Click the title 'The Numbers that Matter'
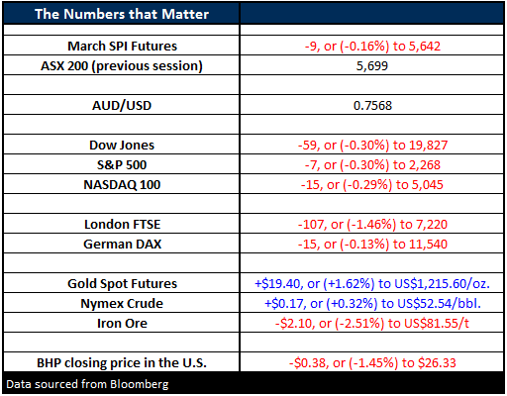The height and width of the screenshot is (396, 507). [x=122, y=14]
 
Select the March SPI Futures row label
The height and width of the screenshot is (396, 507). [x=122, y=46]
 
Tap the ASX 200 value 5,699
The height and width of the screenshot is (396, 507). [x=372, y=66]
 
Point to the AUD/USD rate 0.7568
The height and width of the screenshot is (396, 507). [x=372, y=106]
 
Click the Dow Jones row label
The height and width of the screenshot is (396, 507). [x=122, y=146]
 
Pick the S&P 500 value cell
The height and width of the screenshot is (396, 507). [x=372, y=165]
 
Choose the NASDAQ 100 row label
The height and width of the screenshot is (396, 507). [x=122, y=185]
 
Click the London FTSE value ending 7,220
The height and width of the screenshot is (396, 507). [x=372, y=225]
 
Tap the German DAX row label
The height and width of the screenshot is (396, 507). [x=122, y=245]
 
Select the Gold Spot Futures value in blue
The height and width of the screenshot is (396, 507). [x=372, y=284]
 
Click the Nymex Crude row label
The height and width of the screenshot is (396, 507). [x=122, y=304]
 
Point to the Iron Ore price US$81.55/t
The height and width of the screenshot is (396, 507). [x=437, y=324]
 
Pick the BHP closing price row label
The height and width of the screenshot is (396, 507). [x=122, y=363]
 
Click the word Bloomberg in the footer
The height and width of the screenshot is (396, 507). [x=140, y=384]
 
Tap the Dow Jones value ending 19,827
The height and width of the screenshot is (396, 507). [x=372, y=146]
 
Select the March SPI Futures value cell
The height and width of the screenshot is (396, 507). [x=372, y=47]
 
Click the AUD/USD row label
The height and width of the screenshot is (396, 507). [x=122, y=106]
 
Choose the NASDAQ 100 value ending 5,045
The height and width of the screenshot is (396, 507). [x=372, y=185]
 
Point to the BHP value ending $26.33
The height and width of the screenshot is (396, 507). [x=372, y=363]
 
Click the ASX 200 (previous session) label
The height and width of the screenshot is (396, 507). [x=122, y=66]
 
